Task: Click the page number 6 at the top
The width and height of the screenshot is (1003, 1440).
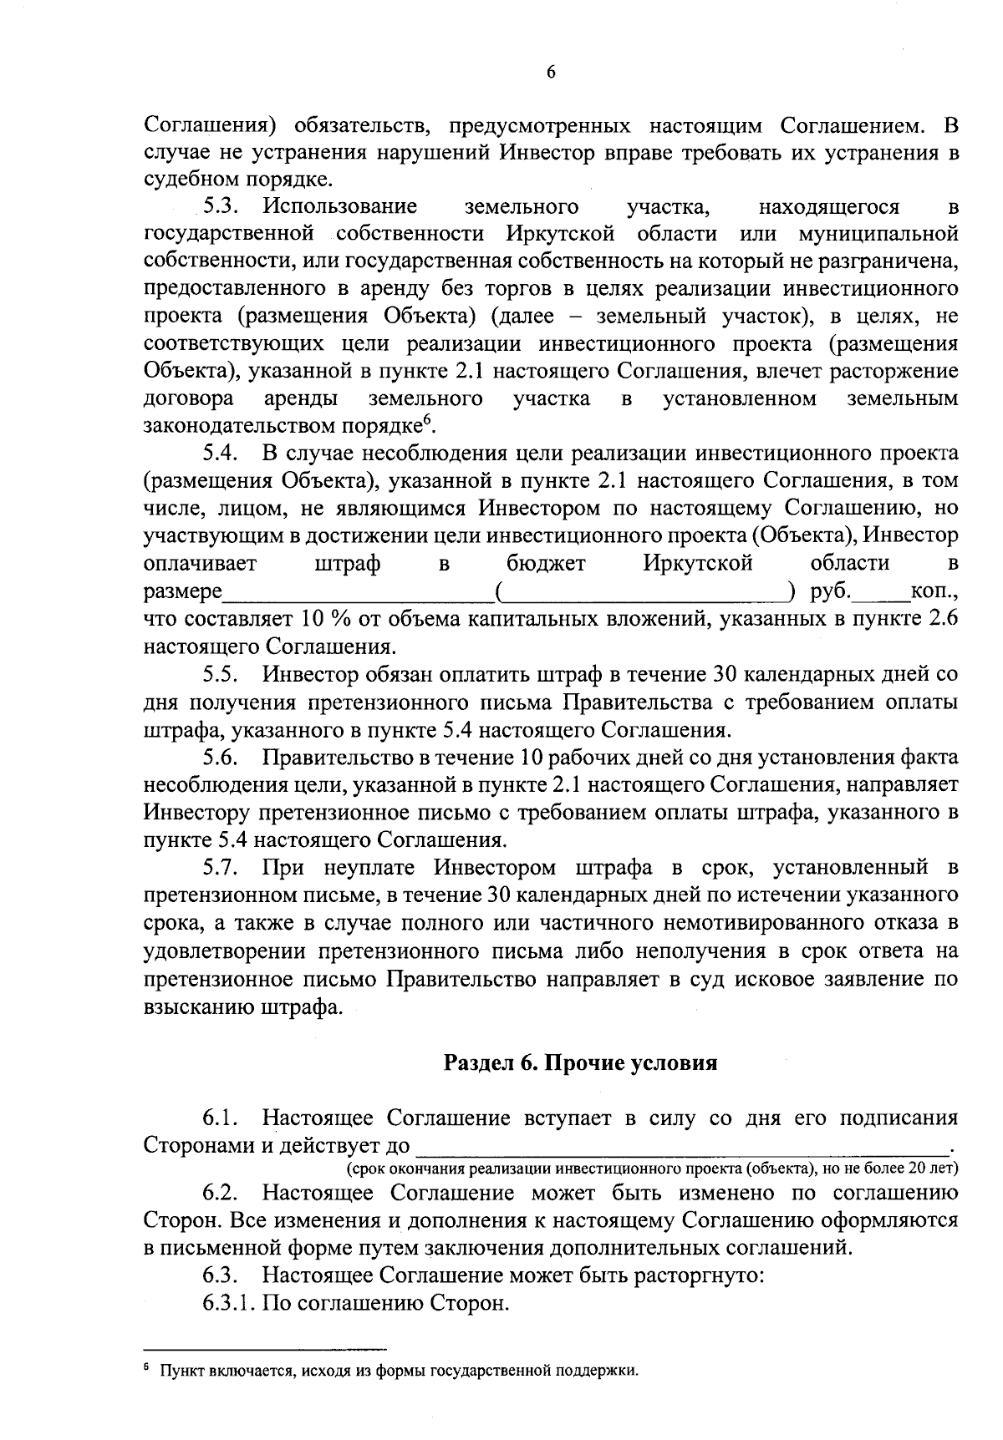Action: point(551,72)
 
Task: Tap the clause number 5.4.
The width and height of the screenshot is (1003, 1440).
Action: point(221,454)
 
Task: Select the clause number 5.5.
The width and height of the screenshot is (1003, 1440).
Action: point(221,673)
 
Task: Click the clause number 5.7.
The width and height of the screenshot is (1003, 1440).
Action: point(221,868)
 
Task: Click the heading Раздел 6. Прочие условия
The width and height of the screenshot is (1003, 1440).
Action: point(580,1062)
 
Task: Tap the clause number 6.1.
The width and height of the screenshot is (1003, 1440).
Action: point(221,1118)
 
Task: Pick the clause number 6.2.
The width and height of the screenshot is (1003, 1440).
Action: point(221,1193)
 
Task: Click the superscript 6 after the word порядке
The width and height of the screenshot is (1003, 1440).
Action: point(425,420)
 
